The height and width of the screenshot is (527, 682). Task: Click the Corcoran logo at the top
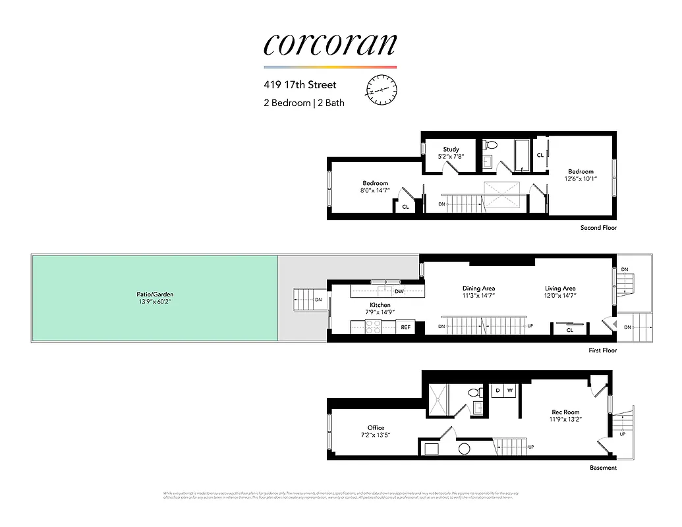(x=330, y=44)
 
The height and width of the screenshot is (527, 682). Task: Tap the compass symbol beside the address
(x=381, y=90)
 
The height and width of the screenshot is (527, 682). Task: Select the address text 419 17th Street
(x=300, y=85)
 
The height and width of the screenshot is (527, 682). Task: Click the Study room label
(x=451, y=150)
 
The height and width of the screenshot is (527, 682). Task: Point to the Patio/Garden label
(x=156, y=294)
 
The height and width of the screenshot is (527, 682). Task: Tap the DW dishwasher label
(x=399, y=291)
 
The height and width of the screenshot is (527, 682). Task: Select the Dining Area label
(x=479, y=289)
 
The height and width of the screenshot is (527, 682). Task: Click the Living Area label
(x=560, y=289)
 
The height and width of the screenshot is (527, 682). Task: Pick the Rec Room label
(x=565, y=412)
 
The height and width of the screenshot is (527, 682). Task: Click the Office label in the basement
(x=376, y=428)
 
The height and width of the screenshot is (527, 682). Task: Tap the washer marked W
(x=509, y=391)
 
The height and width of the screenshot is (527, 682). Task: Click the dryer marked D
(x=497, y=391)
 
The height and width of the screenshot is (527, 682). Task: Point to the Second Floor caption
(x=598, y=228)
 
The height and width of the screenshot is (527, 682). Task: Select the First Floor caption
(x=603, y=350)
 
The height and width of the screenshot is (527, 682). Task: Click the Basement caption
(x=604, y=468)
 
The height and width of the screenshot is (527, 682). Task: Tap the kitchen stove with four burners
(x=372, y=327)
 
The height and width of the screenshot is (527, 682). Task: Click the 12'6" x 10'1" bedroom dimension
(x=581, y=178)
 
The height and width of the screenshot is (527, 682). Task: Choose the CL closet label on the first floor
(x=570, y=330)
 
